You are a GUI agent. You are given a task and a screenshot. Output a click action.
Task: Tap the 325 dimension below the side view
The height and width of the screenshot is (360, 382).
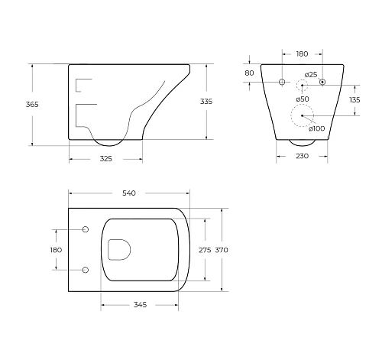[105, 159]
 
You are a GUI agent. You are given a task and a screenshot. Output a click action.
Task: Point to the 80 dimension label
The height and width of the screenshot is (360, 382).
[249, 73]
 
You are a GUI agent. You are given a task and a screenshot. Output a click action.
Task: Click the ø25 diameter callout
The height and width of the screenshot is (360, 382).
[311, 74]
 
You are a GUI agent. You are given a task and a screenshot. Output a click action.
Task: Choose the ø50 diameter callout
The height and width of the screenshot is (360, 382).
[303, 99]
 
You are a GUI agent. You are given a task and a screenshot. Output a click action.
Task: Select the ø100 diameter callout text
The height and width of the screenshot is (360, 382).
[316, 128]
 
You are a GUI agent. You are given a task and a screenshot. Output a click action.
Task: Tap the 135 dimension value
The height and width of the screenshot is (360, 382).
[354, 99]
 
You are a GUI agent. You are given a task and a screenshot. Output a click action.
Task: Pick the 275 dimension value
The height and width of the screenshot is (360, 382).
[204, 250]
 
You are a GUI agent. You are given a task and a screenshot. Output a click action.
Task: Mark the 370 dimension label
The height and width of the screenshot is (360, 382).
[222, 250]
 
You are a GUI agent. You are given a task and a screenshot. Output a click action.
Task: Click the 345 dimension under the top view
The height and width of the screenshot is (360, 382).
[139, 305]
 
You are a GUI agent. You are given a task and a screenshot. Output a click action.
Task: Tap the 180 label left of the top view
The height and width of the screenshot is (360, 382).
[55, 249]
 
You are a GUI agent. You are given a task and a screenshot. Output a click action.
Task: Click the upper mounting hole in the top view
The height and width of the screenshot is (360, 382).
[85, 229]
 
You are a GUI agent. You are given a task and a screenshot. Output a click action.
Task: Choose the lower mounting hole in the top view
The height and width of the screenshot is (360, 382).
[85, 269]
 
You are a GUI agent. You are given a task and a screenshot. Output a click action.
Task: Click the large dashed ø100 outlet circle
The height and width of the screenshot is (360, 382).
[303, 115]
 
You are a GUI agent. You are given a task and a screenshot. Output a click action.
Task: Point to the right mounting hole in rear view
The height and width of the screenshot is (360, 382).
[322, 82]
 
